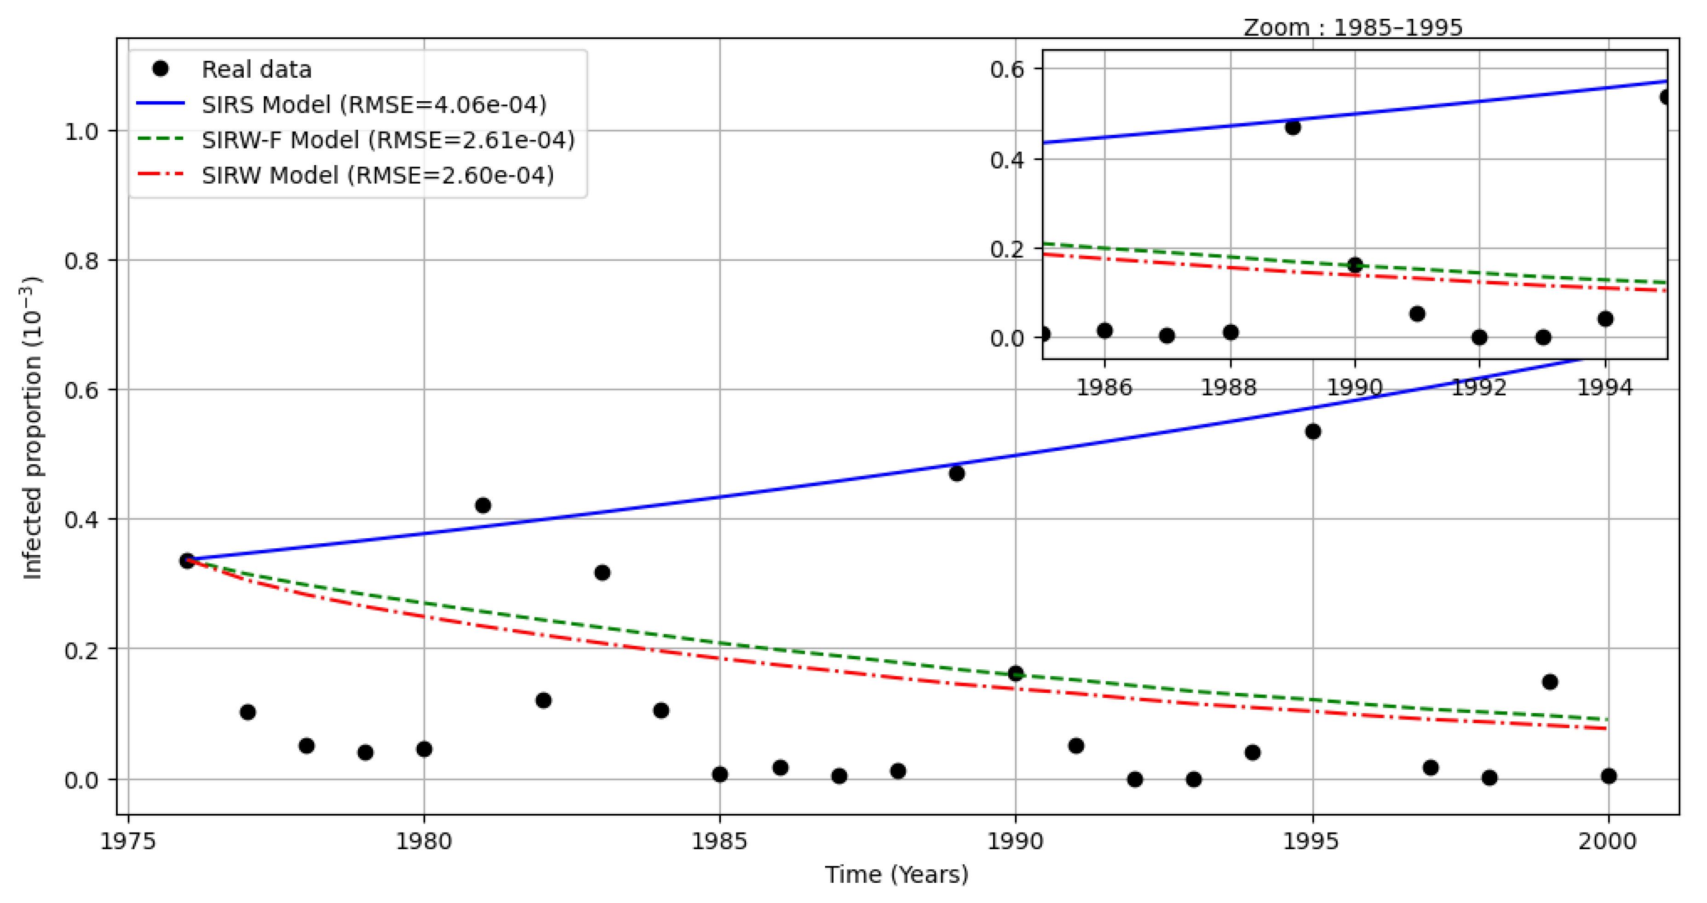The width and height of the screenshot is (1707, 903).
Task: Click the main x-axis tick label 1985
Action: tap(719, 841)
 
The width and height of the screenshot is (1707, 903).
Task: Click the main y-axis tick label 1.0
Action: tap(81, 131)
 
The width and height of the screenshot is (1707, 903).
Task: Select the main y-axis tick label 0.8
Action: tap(81, 260)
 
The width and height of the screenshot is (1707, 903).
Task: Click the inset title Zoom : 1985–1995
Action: tap(1352, 28)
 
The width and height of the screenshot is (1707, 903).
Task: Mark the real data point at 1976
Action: tap(188, 560)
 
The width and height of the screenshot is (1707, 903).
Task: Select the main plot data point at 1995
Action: tap(1313, 432)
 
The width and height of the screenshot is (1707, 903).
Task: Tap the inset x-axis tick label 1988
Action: tap(1229, 388)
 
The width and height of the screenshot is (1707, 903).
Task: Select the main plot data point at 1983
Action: tap(602, 572)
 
